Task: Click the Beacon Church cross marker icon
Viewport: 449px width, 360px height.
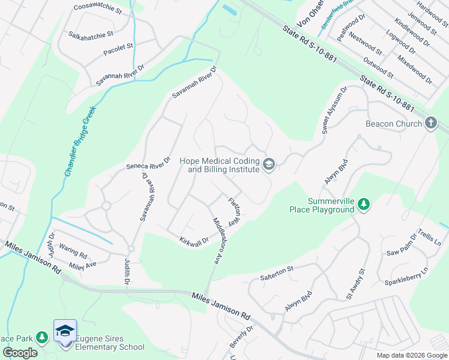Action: coord(430,124)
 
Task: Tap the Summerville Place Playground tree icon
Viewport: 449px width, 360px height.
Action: coord(364,205)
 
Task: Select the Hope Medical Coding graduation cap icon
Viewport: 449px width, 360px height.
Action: coord(269,164)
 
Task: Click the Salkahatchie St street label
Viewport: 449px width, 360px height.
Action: coord(91,34)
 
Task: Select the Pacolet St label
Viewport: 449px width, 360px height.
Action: coord(118,46)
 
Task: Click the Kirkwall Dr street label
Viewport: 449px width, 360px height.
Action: coord(193,240)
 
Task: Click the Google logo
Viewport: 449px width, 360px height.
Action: coord(20,353)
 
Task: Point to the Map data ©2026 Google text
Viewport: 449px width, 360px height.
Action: coord(411,355)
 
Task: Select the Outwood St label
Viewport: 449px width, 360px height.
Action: coord(379,68)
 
